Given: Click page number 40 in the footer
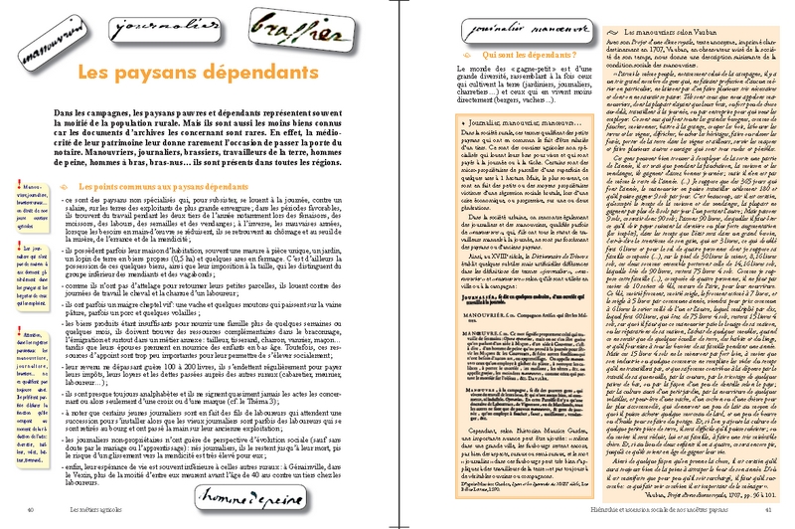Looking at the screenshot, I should tap(33, 509).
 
